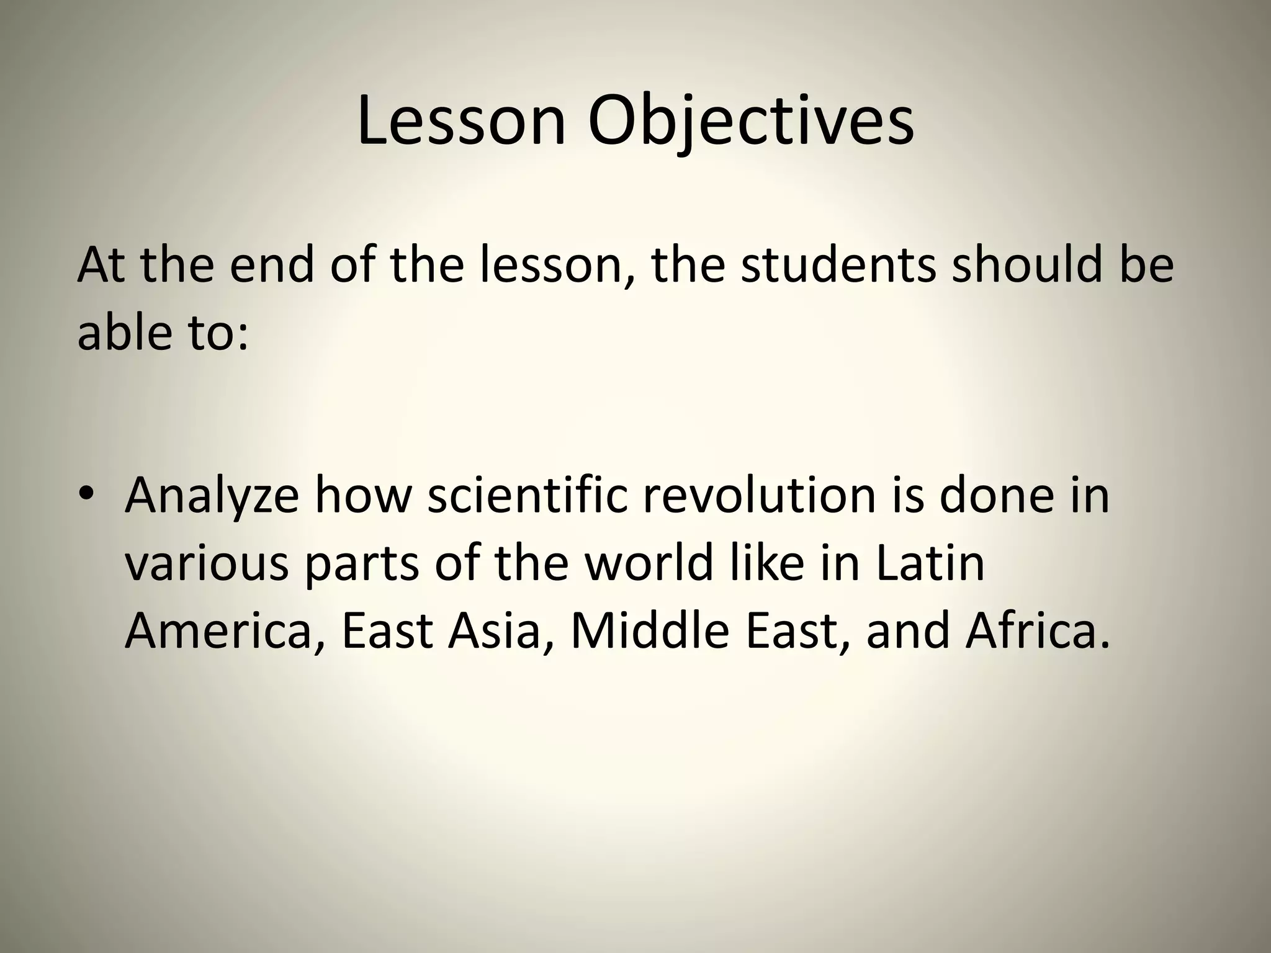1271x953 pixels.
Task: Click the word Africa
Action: click(x=1036, y=629)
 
